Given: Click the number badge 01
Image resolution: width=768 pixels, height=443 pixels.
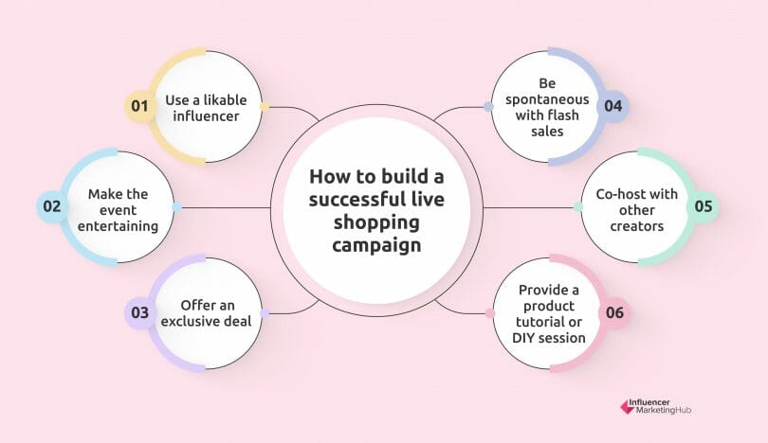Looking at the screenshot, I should coord(139,106).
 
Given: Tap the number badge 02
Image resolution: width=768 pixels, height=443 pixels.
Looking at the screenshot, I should coord(51,205).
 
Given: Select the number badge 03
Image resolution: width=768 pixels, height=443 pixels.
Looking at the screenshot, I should coord(139,311).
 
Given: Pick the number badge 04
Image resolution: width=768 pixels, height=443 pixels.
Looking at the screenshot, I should coord(613,106).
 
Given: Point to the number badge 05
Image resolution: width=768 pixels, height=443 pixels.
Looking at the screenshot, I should coord(701,205).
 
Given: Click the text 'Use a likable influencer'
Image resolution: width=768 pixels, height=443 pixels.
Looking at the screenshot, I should coord(202,106).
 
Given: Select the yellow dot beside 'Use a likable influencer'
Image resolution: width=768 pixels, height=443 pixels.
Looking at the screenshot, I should coord(265,106).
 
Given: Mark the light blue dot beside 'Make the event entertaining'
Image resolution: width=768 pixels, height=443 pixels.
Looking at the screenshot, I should coord(176,206).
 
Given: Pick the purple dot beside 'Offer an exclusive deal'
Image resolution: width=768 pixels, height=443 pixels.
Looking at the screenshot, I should coord(265,312).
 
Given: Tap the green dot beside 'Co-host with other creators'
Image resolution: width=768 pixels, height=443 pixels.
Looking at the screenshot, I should coord(577,206).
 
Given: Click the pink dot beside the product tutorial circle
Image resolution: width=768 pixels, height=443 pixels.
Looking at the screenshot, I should coord(489,313).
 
